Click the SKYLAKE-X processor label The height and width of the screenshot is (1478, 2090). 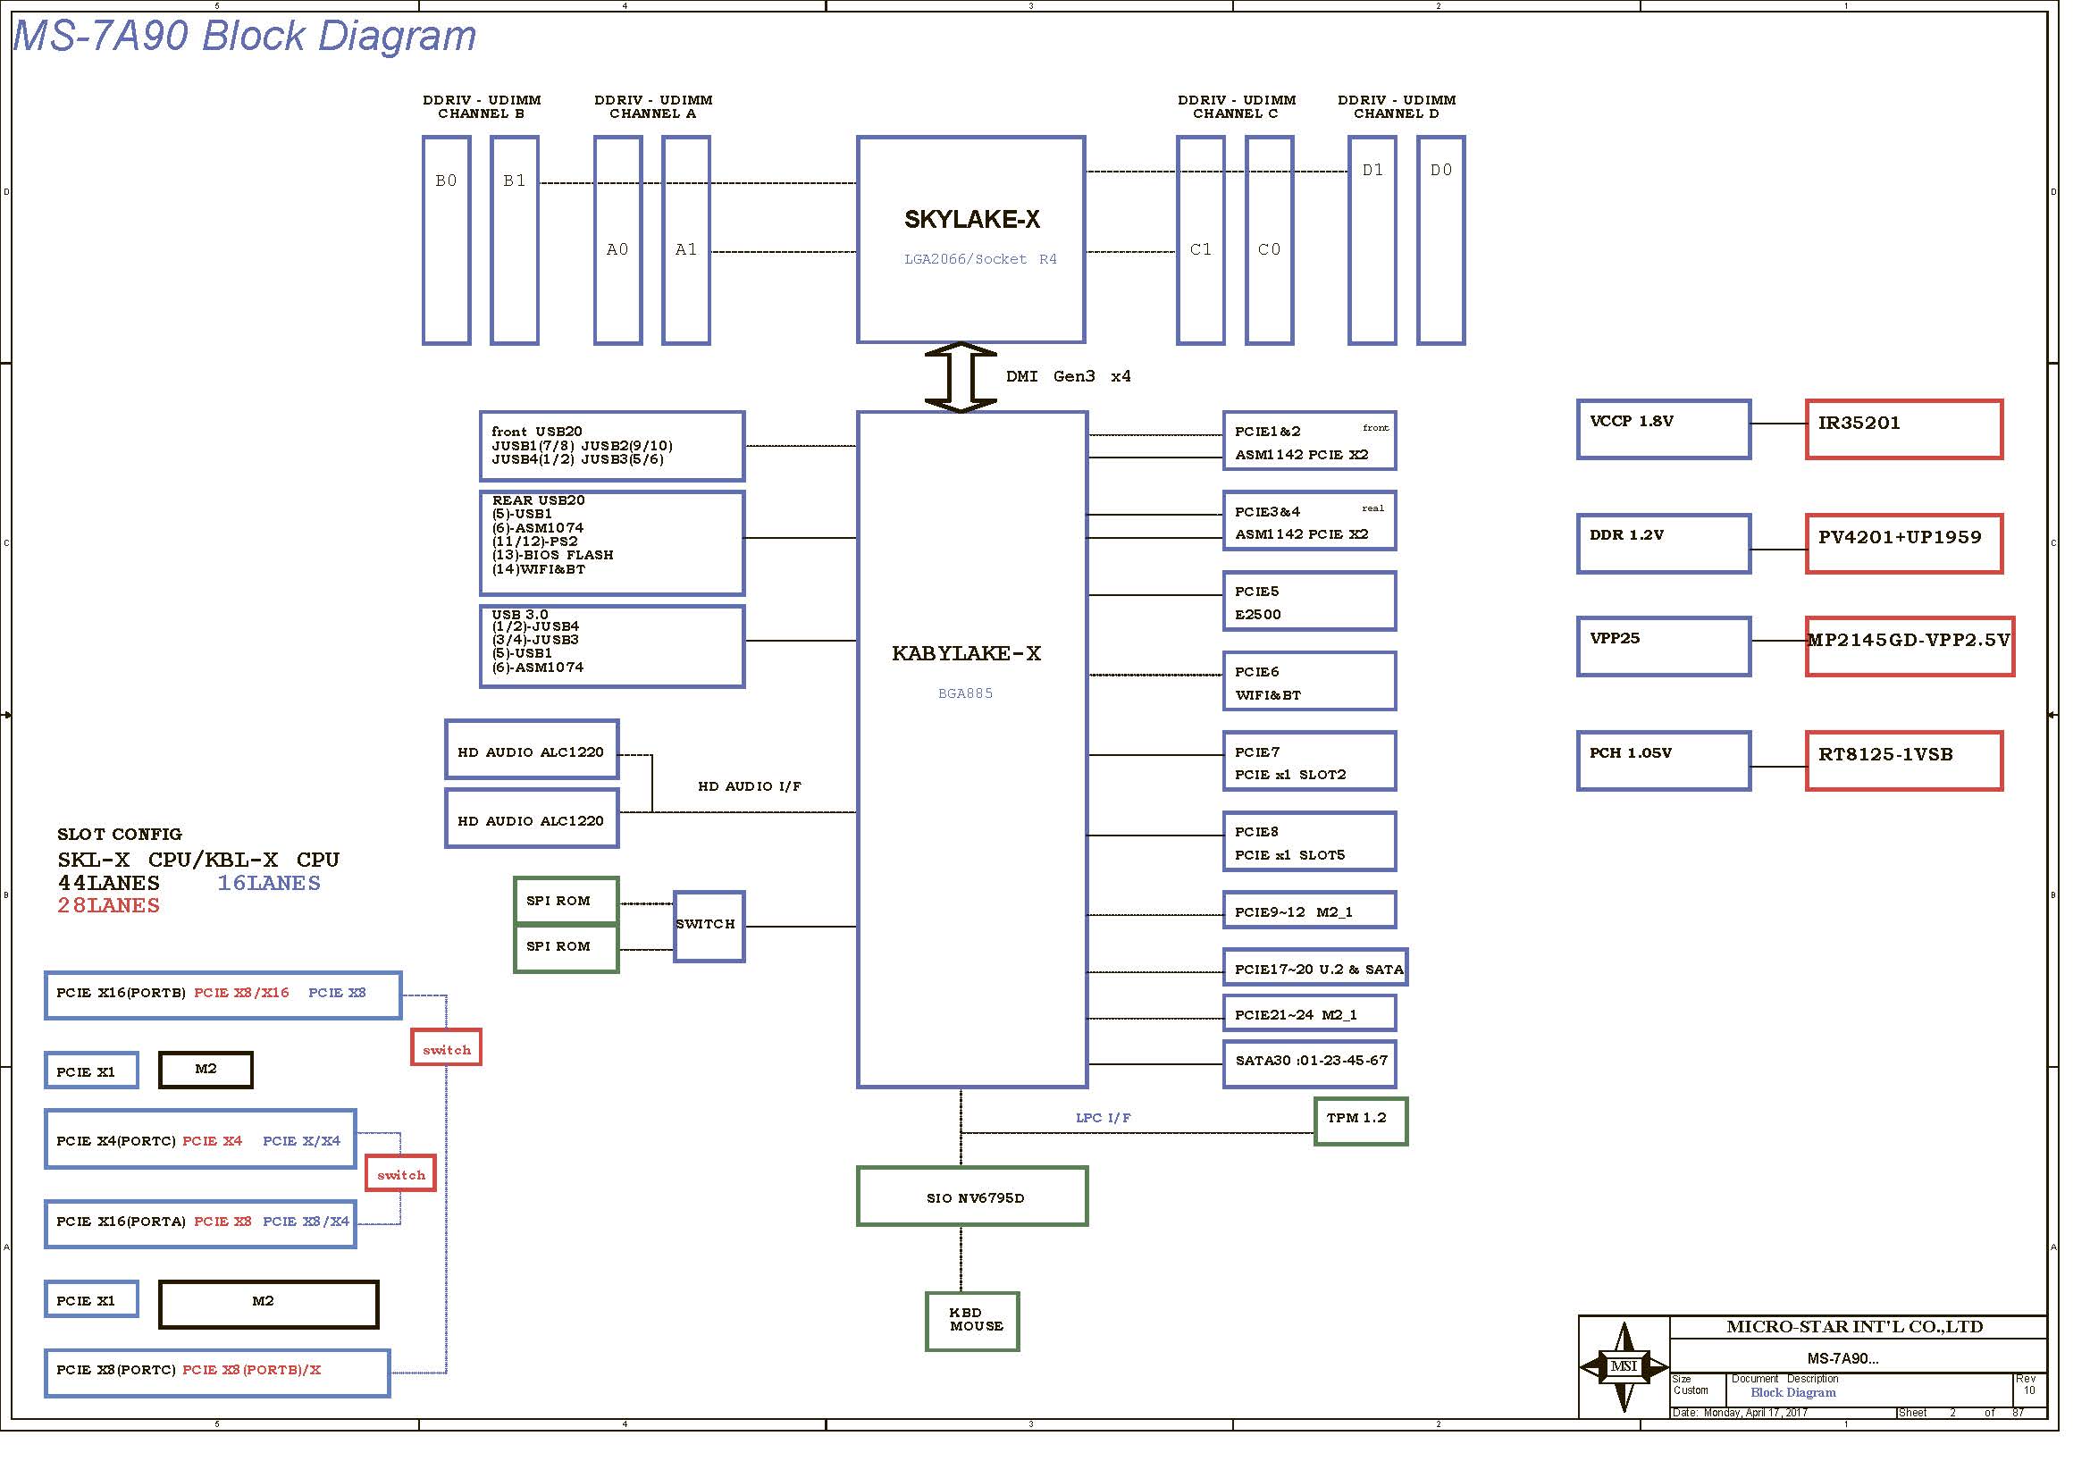coord(971,219)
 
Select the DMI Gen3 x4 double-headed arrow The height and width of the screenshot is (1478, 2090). coord(961,377)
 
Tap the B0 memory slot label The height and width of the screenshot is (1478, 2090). coord(446,181)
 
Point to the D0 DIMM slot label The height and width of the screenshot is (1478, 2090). coord(1441,170)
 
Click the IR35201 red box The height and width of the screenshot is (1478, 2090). coord(1903,429)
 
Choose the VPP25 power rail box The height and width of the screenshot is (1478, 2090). coord(1663,646)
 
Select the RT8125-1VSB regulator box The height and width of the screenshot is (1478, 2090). coord(1903,760)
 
